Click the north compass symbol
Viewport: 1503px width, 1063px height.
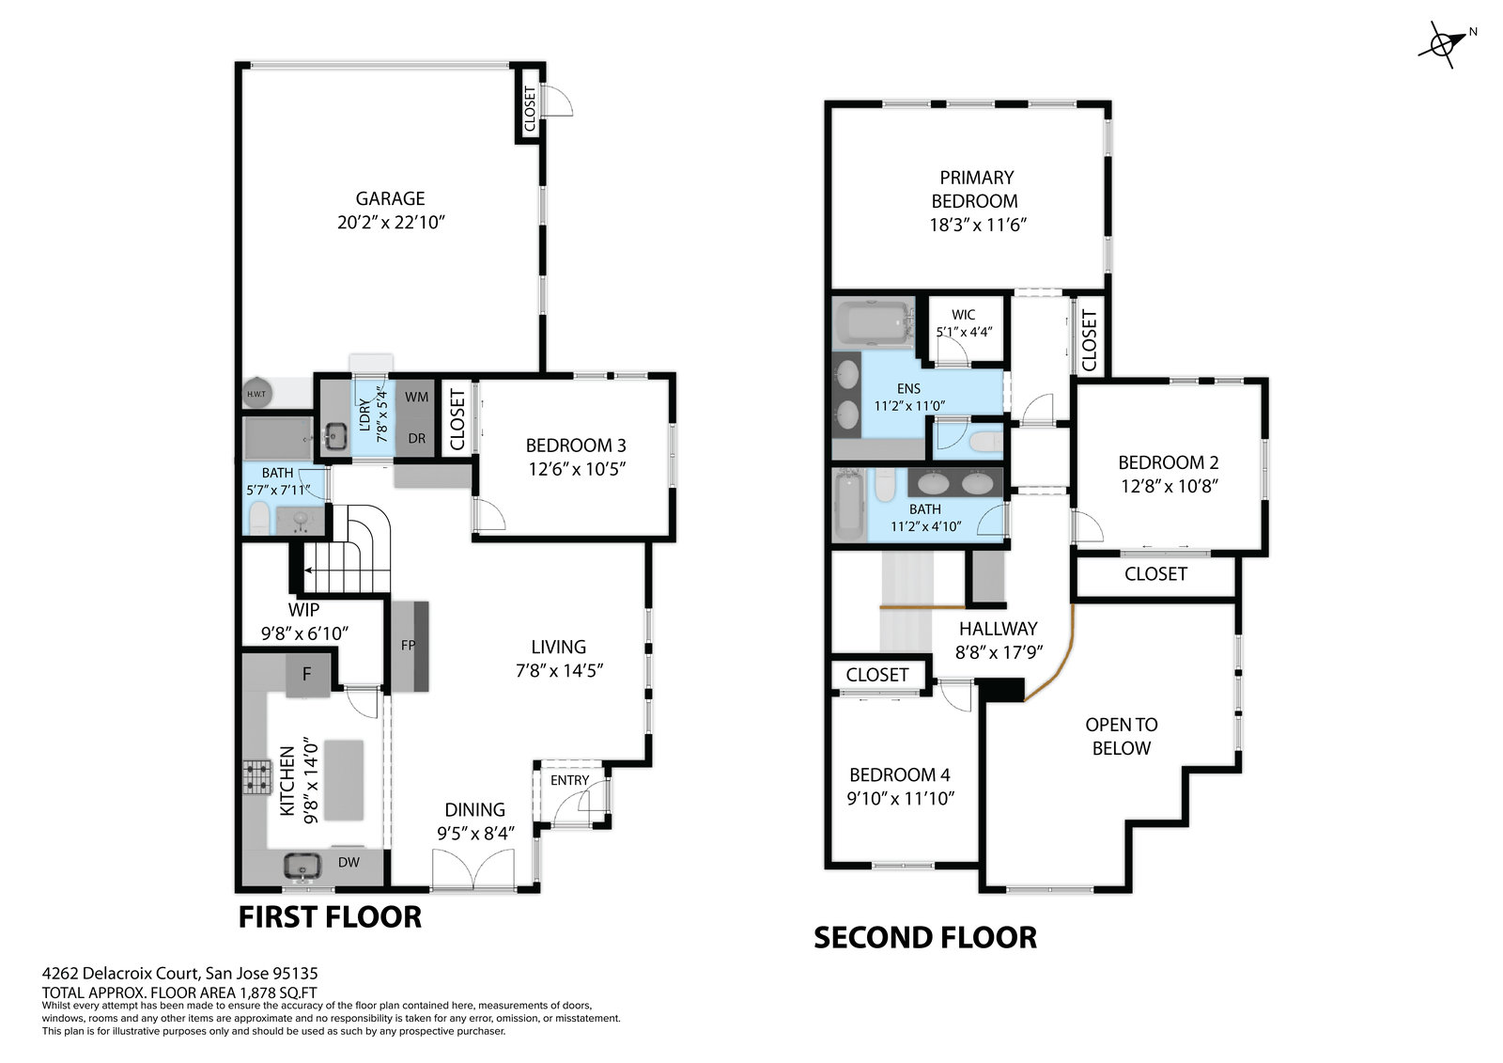1441,45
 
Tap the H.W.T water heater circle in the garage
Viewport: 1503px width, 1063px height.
257,394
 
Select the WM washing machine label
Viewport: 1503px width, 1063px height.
416,397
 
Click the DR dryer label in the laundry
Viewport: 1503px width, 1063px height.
417,439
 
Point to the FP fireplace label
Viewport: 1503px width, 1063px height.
408,646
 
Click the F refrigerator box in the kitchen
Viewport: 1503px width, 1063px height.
307,674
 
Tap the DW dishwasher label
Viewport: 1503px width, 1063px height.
349,862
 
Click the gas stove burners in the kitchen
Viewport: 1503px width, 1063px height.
256,776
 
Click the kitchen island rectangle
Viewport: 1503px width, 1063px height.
344,780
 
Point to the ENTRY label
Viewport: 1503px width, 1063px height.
569,780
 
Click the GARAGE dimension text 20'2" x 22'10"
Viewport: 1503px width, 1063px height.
391,222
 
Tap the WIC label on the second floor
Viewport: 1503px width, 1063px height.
963,314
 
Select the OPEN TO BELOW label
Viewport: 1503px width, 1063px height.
1122,736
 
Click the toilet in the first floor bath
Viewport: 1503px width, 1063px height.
259,520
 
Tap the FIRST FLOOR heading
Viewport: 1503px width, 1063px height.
330,917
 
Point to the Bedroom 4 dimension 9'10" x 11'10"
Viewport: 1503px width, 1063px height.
901,798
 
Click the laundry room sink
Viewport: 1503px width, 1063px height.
334,436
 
